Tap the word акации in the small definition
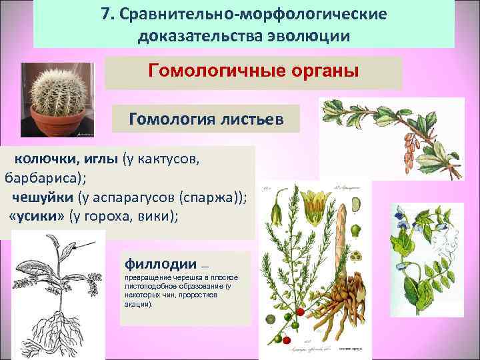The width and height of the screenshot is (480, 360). (137, 304)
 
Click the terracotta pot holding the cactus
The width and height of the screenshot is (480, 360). (52, 123)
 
